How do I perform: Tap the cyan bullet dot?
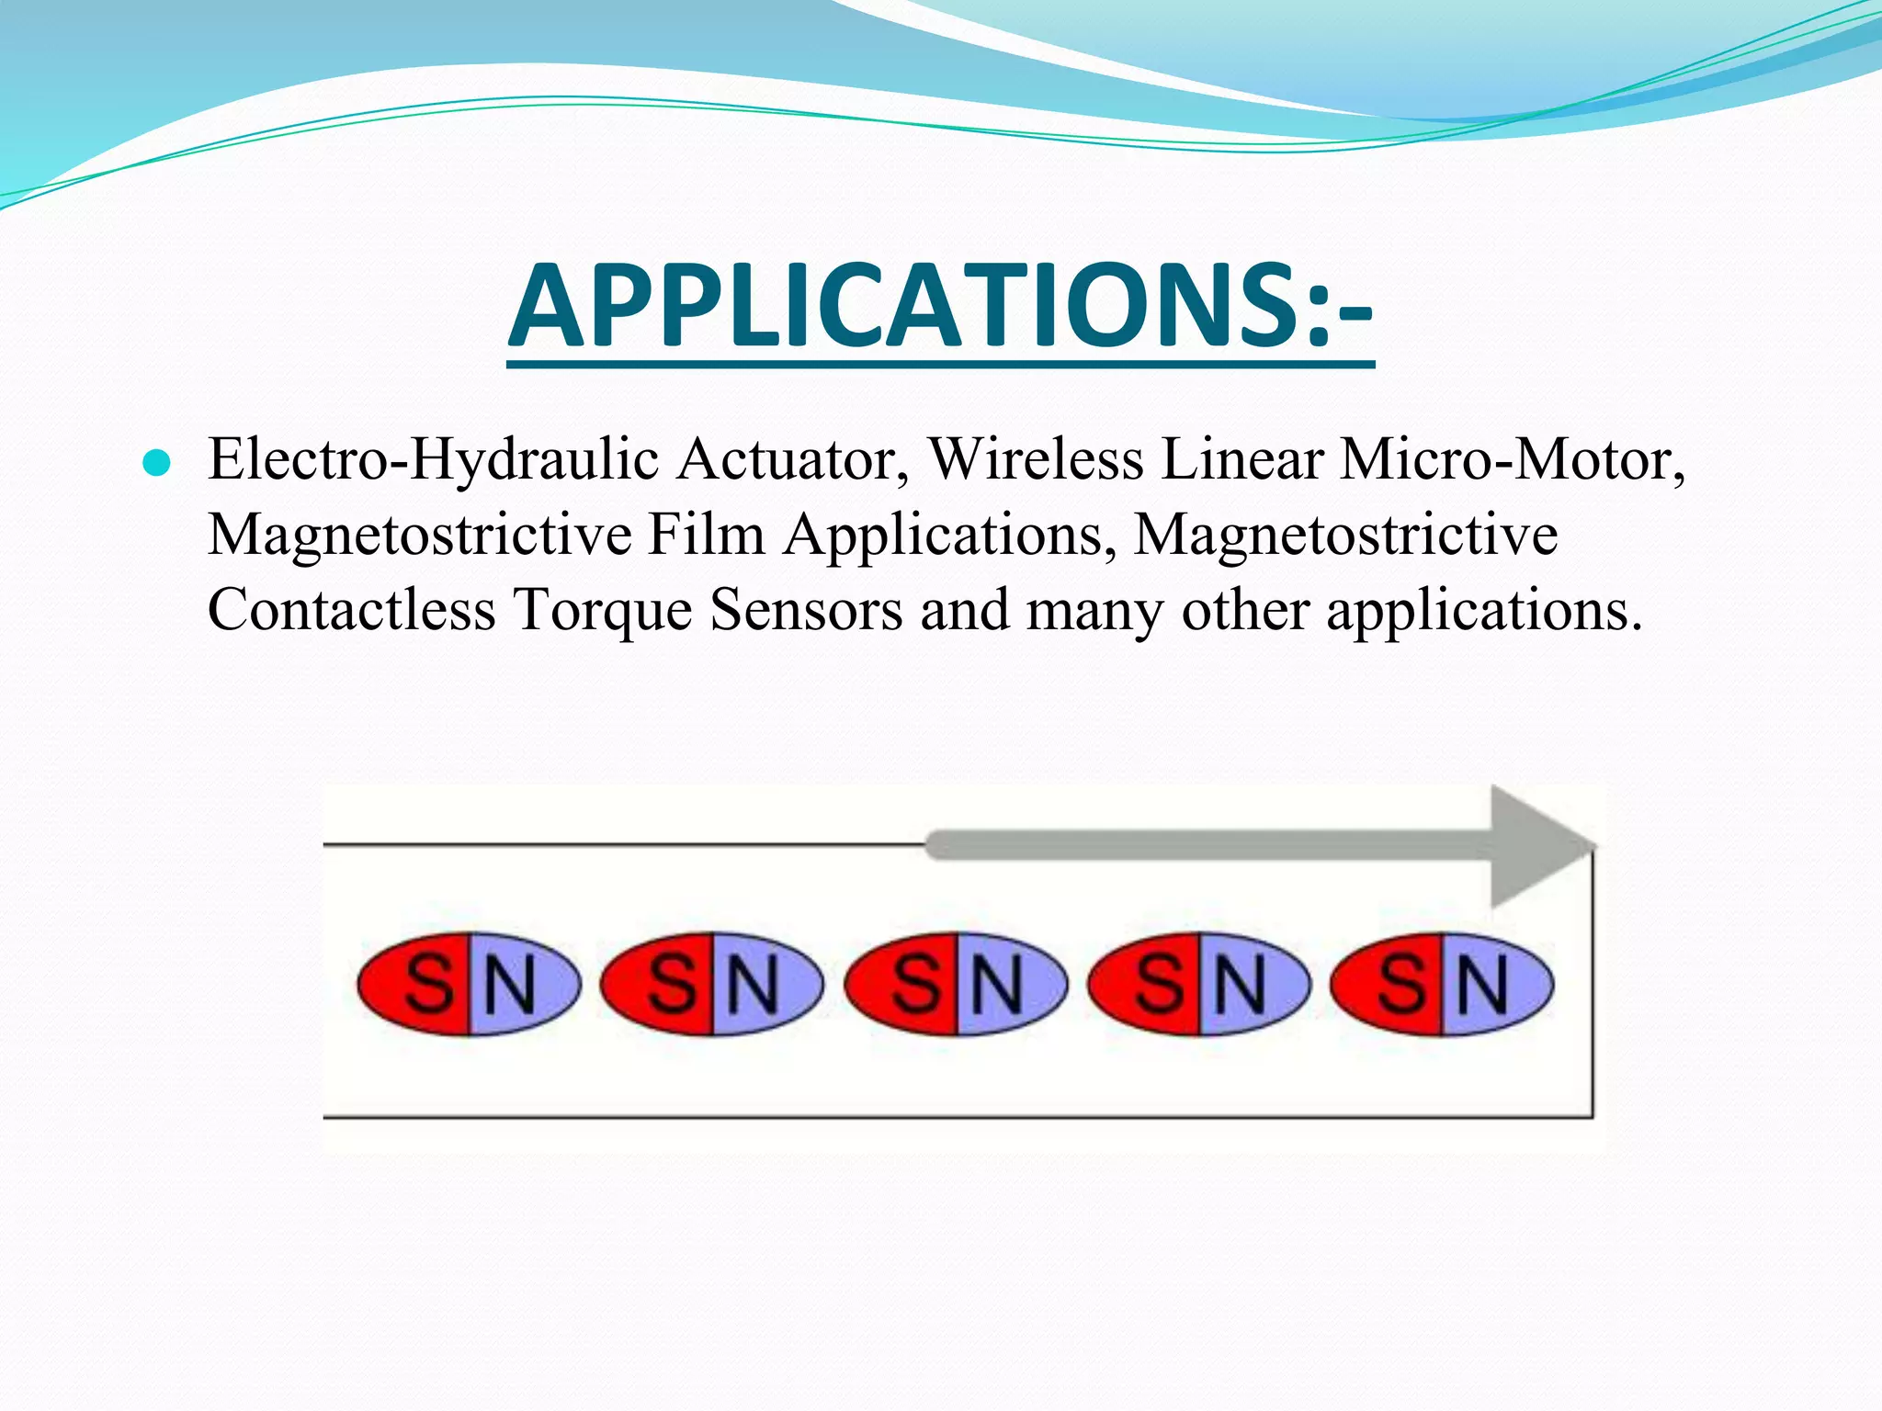point(157,464)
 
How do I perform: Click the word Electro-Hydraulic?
point(434,459)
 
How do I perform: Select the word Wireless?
point(1036,458)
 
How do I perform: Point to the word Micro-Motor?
point(1512,458)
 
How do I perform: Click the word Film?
point(707,534)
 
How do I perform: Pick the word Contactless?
point(351,610)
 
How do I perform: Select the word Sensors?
point(806,610)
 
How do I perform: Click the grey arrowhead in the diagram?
point(1535,846)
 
